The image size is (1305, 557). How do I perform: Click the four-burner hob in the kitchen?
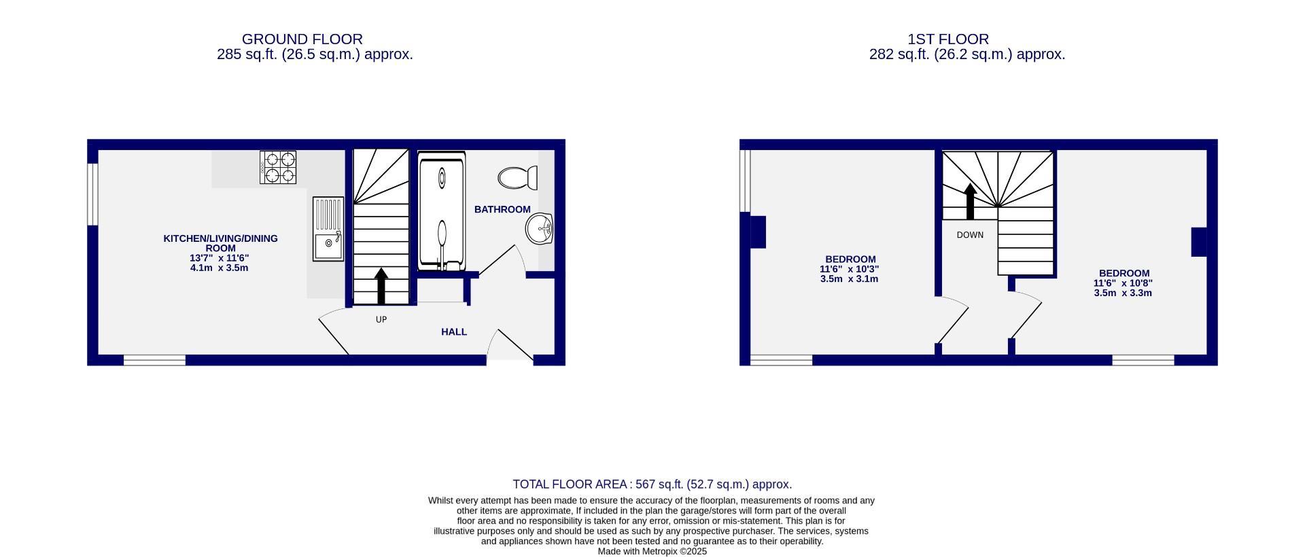tap(278, 167)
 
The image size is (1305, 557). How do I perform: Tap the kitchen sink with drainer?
tap(328, 229)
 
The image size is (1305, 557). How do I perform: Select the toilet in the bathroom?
tap(517, 178)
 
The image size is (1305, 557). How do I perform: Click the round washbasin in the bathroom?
tap(540, 228)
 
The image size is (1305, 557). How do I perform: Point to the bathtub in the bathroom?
tap(442, 212)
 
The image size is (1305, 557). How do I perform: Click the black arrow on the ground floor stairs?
tap(381, 285)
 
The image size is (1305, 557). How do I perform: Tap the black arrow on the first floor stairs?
tap(971, 202)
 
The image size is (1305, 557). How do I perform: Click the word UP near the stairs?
tap(381, 319)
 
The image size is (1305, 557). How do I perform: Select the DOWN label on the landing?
tap(970, 235)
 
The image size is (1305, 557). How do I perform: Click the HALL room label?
tap(454, 332)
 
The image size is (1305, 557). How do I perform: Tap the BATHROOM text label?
tap(502, 209)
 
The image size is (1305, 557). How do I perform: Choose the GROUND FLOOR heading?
tap(302, 39)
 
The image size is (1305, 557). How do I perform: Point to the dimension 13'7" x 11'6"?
tap(220, 258)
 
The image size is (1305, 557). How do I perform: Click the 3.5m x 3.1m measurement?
tap(849, 278)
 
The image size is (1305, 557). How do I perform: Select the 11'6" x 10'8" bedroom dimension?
tap(1123, 283)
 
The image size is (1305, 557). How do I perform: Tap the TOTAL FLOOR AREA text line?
tap(652, 484)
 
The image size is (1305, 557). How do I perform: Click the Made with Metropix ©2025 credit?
tap(652, 552)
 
